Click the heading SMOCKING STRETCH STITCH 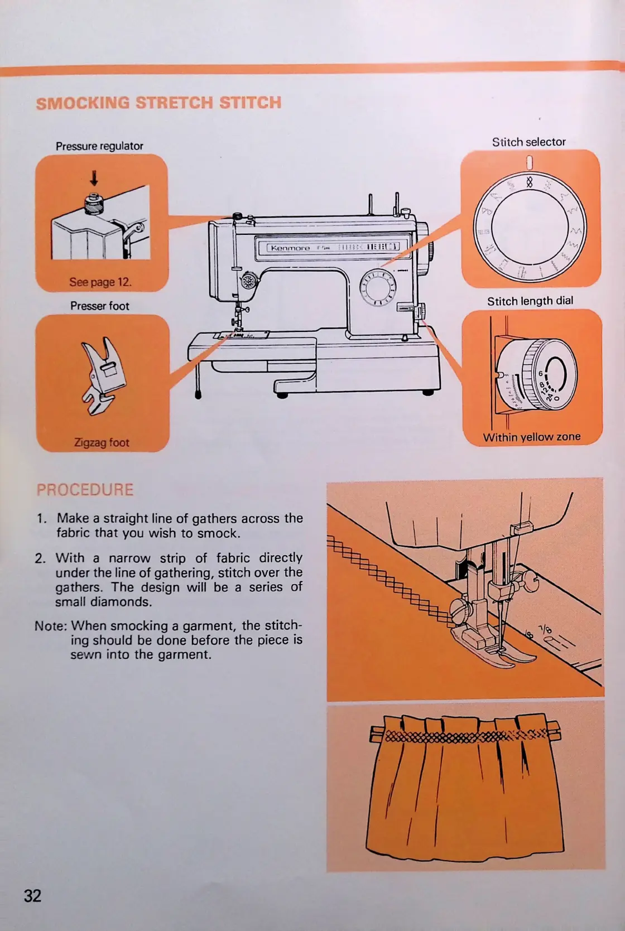tap(158, 103)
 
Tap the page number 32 tap(32, 895)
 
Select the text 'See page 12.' tap(100, 282)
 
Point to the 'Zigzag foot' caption tap(102, 443)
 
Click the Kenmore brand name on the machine tap(290, 248)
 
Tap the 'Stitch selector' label tap(528, 142)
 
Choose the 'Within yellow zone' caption tap(531, 437)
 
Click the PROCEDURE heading tap(85, 490)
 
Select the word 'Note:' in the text tap(51, 626)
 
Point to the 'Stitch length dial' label tap(530, 301)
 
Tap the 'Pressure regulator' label tap(99, 146)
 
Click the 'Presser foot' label tap(99, 306)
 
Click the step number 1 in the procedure tap(41, 518)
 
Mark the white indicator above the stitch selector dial tap(530, 162)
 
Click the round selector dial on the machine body tap(378, 288)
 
